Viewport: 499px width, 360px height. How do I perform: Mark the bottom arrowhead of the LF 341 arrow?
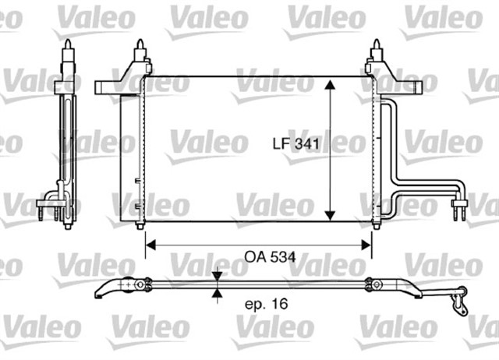pyautogui.click(x=331, y=214)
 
